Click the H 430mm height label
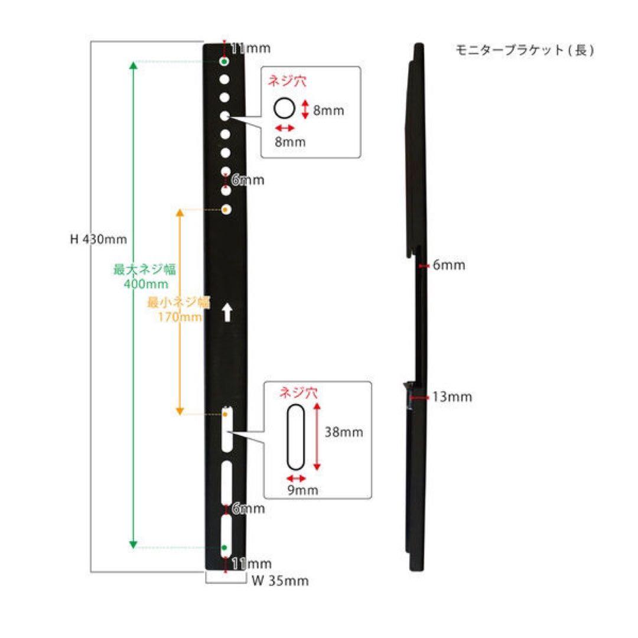click(x=98, y=240)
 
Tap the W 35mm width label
click(x=280, y=581)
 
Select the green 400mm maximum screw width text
click(x=138, y=284)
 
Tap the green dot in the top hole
click(x=225, y=61)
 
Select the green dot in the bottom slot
click(x=224, y=548)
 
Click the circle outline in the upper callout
click(x=284, y=109)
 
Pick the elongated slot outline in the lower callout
click(x=295, y=436)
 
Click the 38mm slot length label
click(x=344, y=432)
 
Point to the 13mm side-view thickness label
click(x=452, y=397)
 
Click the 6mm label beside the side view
click(x=449, y=265)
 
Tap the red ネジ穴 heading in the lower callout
click(x=298, y=392)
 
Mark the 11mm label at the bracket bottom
click(x=252, y=564)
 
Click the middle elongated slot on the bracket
click(x=226, y=481)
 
